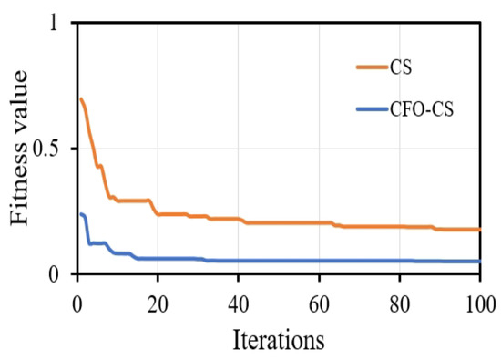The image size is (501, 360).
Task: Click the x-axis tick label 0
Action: [x=77, y=299]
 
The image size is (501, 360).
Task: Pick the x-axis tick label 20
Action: [x=158, y=299]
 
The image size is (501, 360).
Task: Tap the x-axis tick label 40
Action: [x=238, y=299]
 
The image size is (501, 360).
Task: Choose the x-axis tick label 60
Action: [x=319, y=299]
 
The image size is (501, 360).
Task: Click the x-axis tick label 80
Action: [x=399, y=299]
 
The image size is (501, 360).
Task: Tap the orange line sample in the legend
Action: [x=373, y=66]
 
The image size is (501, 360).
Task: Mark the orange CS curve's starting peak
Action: [x=81, y=99]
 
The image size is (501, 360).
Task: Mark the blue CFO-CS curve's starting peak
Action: [x=82, y=214]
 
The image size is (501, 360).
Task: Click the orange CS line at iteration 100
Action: [x=479, y=230]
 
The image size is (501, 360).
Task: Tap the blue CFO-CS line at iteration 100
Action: [x=479, y=262]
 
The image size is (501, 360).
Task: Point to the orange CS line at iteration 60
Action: [x=319, y=222]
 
